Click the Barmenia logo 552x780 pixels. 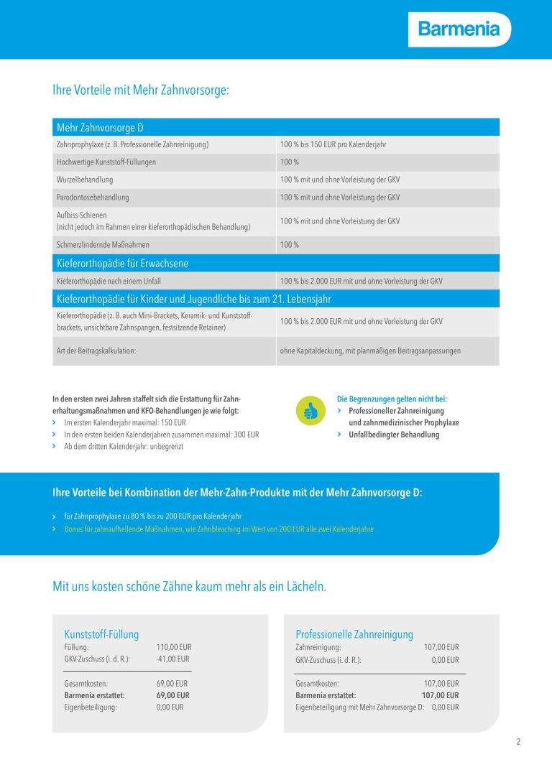tap(459, 29)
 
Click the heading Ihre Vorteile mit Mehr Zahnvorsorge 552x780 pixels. tap(141, 90)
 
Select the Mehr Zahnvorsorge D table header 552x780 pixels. tap(100, 127)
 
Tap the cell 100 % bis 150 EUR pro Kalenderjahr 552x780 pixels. tap(333, 144)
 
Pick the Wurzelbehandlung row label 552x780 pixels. tap(85, 180)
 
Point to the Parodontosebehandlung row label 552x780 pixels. tap(93, 197)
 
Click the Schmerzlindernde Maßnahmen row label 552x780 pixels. tap(103, 245)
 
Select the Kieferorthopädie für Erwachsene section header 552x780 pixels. tap(122, 264)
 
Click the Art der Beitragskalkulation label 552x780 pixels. tap(96, 350)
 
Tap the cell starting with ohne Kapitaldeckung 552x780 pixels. tap(370, 350)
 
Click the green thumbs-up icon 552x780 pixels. tap(310, 411)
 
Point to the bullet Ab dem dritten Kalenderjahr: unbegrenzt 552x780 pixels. tap(123, 446)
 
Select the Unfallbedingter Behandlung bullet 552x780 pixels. tap(394, 435)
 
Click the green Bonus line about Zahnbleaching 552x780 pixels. tap(218, 529)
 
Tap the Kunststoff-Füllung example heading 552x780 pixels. tap(101, 634)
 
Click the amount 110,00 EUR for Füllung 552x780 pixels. tap(174, 647)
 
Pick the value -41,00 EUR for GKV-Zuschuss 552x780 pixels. tap(172, 659)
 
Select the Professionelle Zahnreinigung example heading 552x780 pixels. tap(354, 634)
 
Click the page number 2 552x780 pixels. tap(518, 742)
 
